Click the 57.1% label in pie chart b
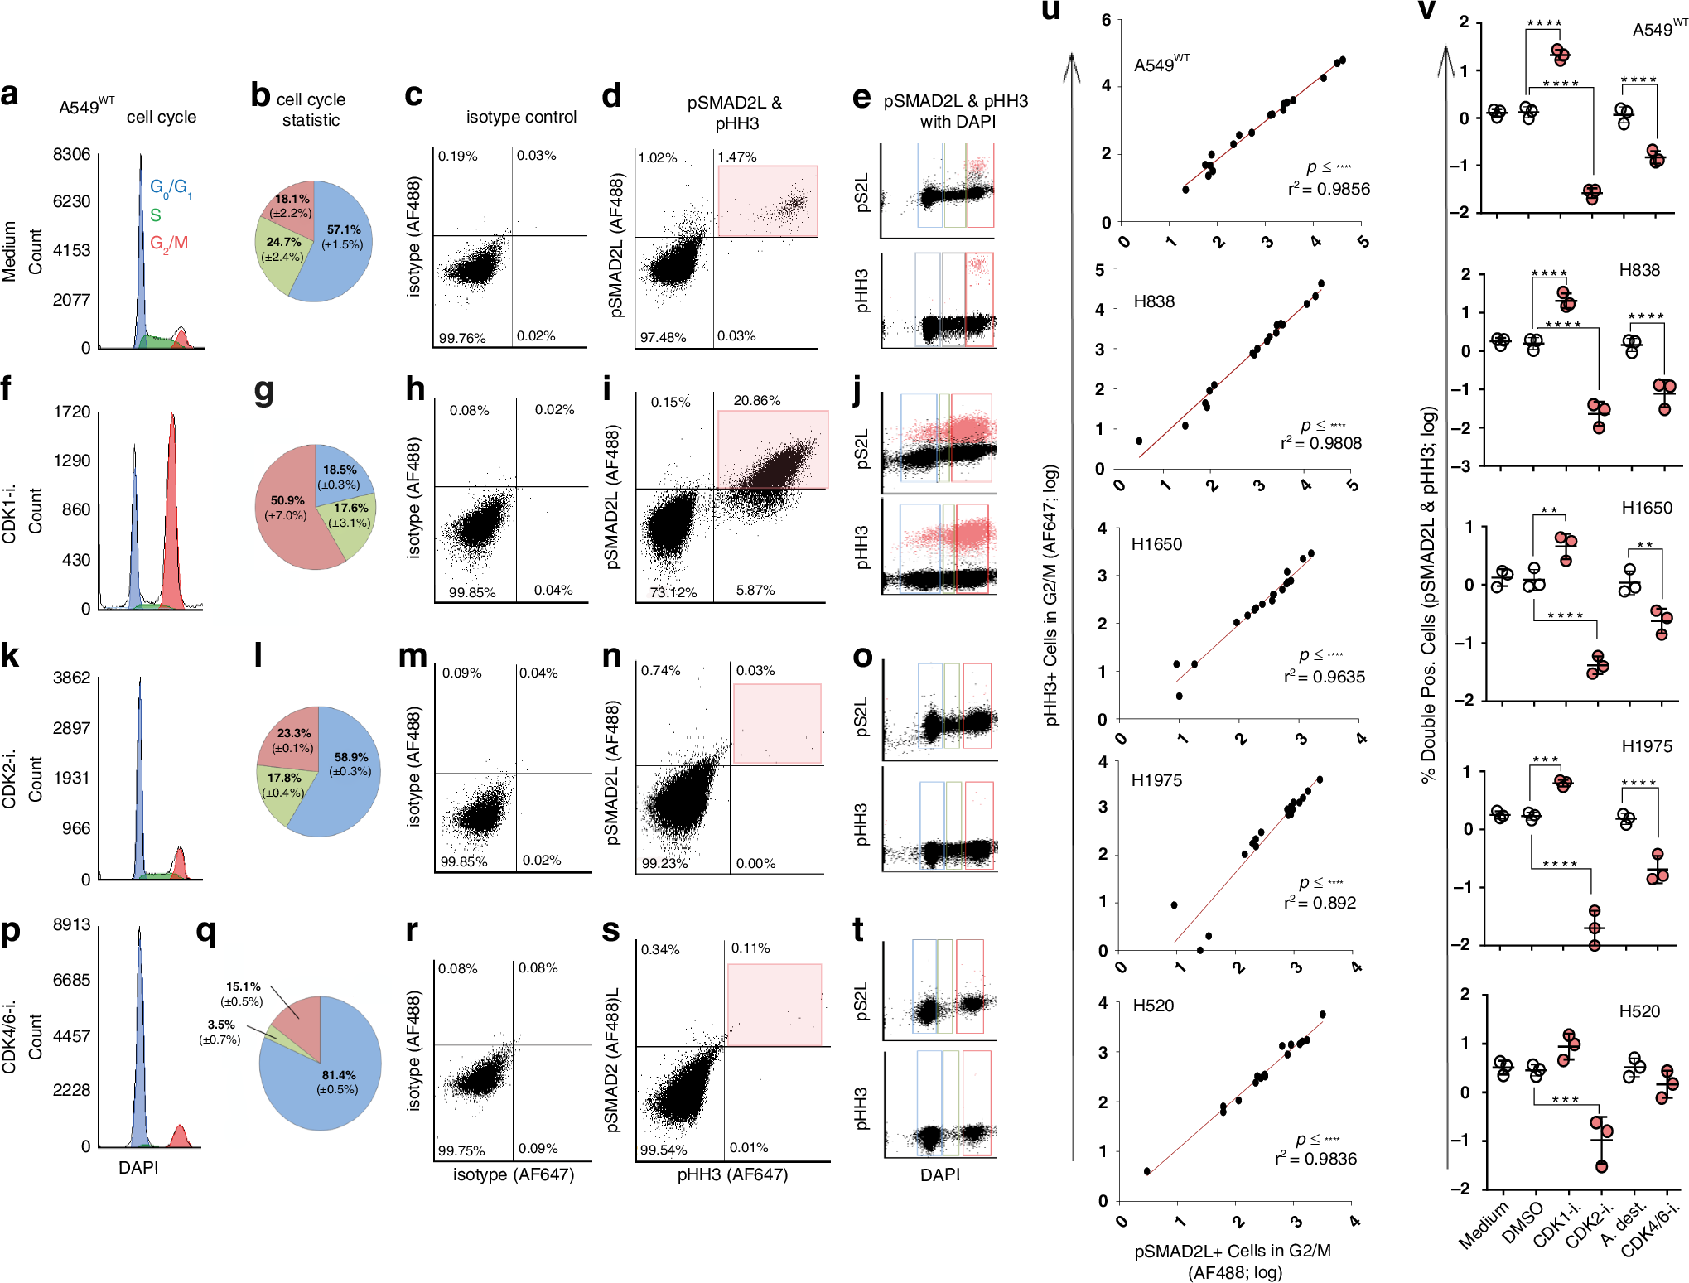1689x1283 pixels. pos(344,229)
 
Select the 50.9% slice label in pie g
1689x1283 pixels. pos(287,500)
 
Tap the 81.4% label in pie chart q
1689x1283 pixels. pos(339,1075)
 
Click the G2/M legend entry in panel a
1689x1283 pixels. pos(169,244)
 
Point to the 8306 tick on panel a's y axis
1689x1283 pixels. pos(71,155)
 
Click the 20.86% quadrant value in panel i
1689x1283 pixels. pos(756,401)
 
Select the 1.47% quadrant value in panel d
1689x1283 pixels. pos(736,157)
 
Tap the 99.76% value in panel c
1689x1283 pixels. pos(462,338)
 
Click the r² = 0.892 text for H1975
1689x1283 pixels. pos(1320,903)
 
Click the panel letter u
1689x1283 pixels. pos(1050,12)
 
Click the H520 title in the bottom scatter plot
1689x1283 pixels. pos(1153,1006)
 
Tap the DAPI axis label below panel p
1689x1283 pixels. pos(138,1167)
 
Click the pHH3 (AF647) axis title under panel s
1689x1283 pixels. pos(732,1174)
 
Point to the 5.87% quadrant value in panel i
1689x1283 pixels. pos(755,590)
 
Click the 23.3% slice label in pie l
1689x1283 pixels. pos(294,733)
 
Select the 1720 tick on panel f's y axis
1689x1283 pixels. pos(72,412)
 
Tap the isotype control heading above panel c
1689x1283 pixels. pos(521,117)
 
